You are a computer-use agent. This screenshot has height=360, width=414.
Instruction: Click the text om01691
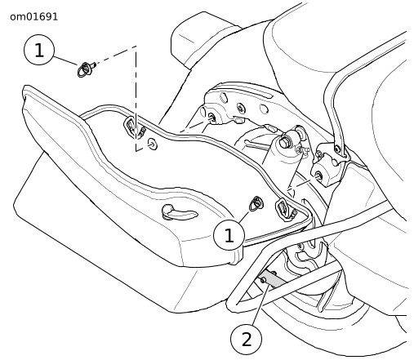pyautogui.click(x=34, y=17)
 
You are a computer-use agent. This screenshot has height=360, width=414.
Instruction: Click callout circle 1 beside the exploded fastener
pyautogui.click(x=39, y=50)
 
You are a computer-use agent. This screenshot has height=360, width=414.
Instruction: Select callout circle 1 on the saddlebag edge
pyautogui.click(x=229, y=235)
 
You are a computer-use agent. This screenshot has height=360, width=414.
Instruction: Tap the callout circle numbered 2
pyautogui.click(x=247, y=339)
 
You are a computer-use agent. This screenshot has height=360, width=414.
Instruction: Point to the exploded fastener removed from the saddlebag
pyautogui.click(x=86, y=69)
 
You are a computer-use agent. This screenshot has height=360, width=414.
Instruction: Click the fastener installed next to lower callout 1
pyautogui.click(x=256, y=203)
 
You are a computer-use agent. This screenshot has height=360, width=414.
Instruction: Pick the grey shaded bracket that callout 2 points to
pyautogui.click(x=273, y=280)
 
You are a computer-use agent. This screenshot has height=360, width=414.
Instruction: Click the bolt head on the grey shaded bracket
pyautogui.click(x=264, y=280)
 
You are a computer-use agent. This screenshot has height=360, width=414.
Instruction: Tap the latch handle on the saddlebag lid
pyautogui.click(x=178, y=212)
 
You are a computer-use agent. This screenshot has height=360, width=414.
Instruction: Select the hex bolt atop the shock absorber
pyautogui.click(x=285, y=142)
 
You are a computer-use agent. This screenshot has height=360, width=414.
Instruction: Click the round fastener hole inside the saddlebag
pyautogui.click(x=153, y=144)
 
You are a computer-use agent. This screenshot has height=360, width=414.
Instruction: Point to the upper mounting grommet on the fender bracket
pyautogui.click(x=211, y=118)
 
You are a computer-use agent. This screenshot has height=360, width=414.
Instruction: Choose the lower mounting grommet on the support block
pyautogui.click(x=318, y=176)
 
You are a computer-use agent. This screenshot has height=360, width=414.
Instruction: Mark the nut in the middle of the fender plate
pyautogui.click(x=241, y=108)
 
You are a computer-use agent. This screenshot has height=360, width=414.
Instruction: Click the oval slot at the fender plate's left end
pyautogui.click(x=223, y=97)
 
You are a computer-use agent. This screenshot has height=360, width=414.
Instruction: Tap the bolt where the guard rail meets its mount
pyautogui.click(x=338, y=149)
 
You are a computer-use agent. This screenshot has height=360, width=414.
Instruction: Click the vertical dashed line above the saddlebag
pyautogui.click(x=136, y=98)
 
